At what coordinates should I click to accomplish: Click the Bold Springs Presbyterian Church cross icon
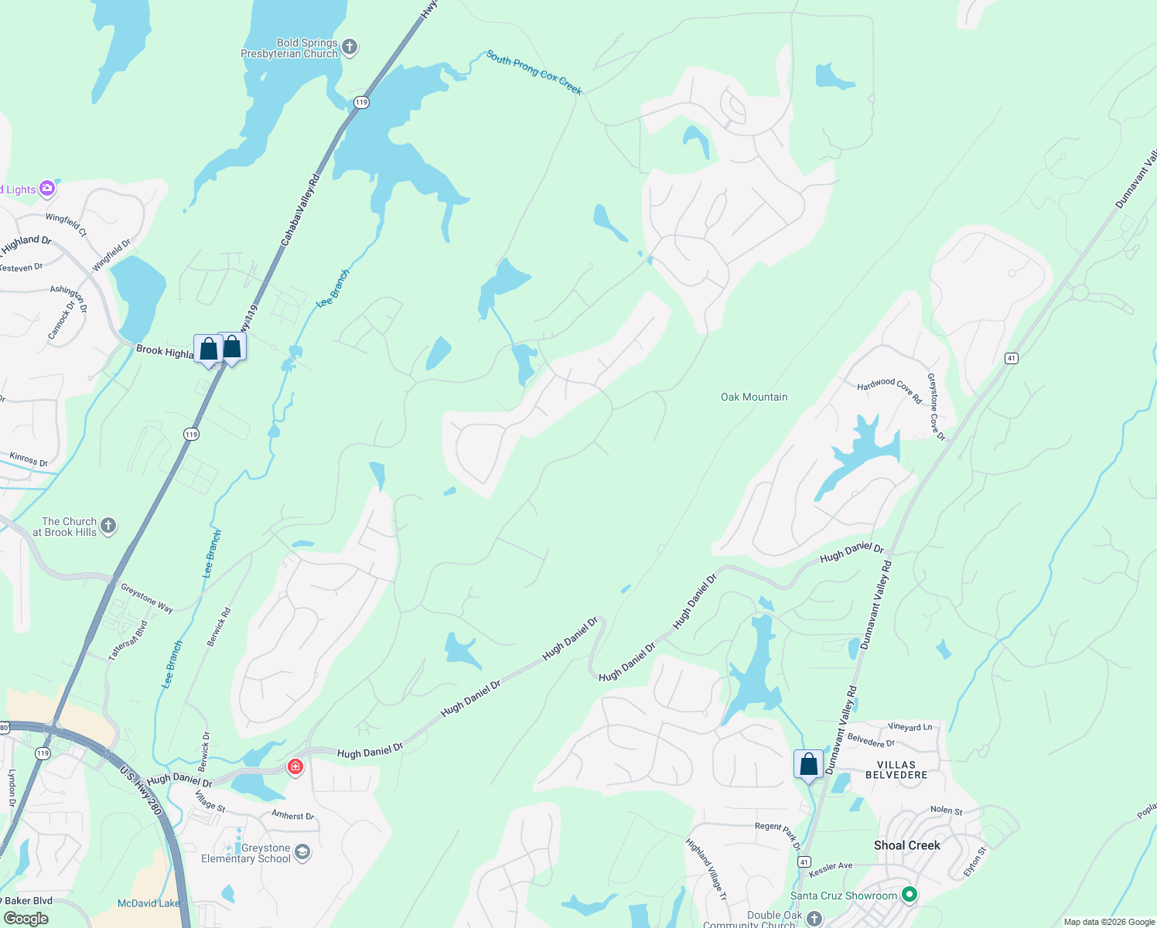coord(350,48)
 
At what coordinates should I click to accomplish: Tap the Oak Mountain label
coord(754,397)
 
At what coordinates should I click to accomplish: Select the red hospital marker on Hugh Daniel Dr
coord(295,766)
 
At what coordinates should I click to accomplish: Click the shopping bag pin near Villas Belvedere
coord(808,765)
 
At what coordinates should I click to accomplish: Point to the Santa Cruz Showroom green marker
coord(910,895)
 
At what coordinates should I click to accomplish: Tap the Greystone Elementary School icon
coord(302,853)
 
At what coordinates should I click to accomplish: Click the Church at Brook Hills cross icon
coord(108,527)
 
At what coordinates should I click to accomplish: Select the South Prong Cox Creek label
coord(534,72)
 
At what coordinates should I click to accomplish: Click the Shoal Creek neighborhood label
coord(907,845)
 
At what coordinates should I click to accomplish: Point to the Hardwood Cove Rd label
coord(889,391)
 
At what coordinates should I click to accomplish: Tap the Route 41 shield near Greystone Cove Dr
coord(1012,358)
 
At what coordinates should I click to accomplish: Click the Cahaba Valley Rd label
coord(300,210)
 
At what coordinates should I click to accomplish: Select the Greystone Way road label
coord(147,598)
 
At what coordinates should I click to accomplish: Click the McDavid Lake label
coord(148,903)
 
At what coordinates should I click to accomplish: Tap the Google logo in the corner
coord(26,919)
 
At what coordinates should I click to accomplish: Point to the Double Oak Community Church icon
coord(814,918)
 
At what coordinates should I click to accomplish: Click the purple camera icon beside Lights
coord(47,188)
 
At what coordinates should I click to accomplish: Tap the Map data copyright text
coord(1109,922)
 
